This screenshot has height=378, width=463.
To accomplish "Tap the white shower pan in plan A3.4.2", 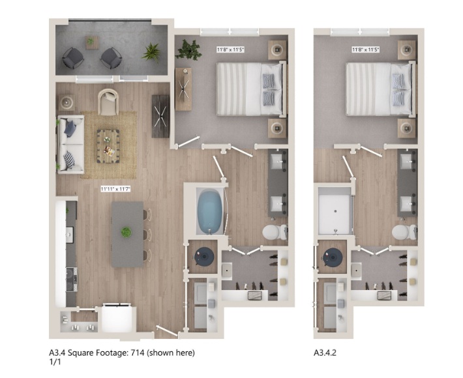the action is pyautogui.click(x=335, y=211).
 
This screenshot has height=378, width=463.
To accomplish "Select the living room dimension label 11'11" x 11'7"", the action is pyautogui.click(x=115, y=189).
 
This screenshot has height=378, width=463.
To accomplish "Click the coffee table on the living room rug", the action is pyautogui.click(x=108, y=146).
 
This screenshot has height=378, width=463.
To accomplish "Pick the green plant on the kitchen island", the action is pyautogui.click(x=126, y=232).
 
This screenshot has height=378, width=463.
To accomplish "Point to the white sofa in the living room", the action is pyautogui.click(x=70, y=144).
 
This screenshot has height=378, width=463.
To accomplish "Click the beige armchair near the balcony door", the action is pyautogui.click(x=108, y=102).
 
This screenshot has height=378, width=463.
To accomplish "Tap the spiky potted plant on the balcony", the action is pyautogui.click(x=152, y=53).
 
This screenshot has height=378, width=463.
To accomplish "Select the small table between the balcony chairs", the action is pyautogui.click(x=92, y=42).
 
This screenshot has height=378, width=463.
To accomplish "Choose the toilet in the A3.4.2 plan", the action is pyautogui.click(x=404, y=232).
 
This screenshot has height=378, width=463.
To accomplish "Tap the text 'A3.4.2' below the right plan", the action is pyautogui.click(x=325, y=353).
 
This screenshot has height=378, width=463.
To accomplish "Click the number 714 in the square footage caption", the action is pyautogui.click(x=140, y=353).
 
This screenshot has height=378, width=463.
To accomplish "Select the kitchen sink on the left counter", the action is pyautogui.click(x=70, y=235).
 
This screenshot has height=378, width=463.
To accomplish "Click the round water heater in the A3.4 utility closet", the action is pyautogui.click(x=204, y=257).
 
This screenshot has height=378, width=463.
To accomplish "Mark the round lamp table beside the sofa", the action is pyautogui.click(x=66, y=102).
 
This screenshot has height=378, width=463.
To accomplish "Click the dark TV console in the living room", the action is pyautogui.click(x=160, y=116).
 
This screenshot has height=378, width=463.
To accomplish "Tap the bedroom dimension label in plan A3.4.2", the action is pyautogui.click(x=366, y=50).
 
